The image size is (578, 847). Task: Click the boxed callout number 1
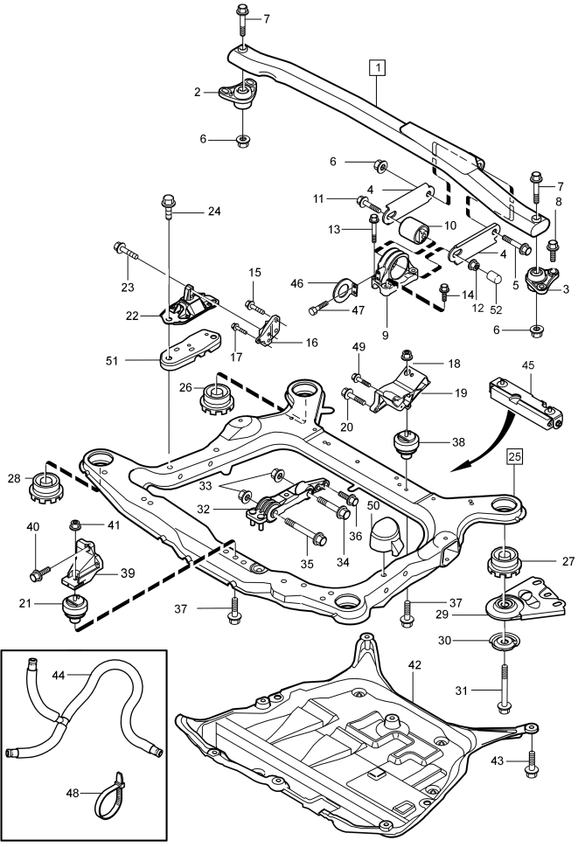click(x=378, y=67)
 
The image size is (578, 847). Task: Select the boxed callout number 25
click(x=515, y=456)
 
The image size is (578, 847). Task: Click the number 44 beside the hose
click(x=59, y=675)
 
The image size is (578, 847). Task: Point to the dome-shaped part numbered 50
click(x=385, y=536)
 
